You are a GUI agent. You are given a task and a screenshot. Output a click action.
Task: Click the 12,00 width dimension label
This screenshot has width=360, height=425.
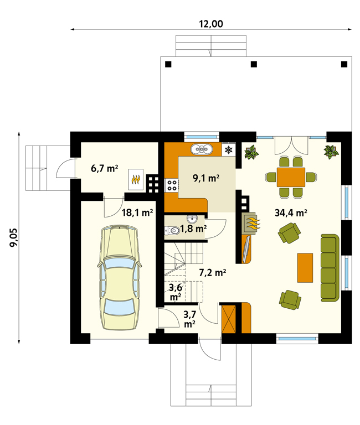point(211,24)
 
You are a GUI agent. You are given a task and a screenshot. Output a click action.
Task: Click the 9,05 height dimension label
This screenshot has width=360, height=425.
point(13,237)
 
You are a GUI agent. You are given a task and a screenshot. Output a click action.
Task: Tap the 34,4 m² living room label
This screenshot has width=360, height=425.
point(291,212)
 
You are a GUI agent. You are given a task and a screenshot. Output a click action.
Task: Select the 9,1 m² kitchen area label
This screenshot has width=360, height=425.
point(206,178)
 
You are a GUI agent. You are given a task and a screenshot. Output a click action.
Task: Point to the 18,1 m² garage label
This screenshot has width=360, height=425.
point(137,212)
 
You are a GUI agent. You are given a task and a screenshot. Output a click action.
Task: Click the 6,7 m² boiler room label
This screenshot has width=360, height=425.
point(105,168)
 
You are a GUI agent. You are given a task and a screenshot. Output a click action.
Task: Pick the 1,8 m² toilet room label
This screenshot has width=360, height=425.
point(193,229)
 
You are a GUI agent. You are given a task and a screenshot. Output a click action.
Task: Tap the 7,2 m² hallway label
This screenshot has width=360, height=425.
point(213,272)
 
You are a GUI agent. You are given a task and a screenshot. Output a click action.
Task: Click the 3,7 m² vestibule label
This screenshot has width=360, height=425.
point(189,319)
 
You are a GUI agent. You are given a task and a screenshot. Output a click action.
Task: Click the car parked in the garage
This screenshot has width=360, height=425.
point(120,277)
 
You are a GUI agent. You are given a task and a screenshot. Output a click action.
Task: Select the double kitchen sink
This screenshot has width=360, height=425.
point(201,149)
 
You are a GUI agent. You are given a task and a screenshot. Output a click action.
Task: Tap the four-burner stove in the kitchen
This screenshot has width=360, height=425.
point(172,186)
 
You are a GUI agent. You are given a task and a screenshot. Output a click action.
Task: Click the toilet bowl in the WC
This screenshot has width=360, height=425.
point(173,231)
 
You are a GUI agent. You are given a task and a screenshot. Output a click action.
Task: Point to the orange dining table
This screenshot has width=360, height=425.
point(291,177)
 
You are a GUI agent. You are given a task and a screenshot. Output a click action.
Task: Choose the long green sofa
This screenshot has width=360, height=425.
point(330,268)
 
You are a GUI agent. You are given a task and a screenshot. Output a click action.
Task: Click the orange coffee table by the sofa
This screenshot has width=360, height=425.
point(305,268)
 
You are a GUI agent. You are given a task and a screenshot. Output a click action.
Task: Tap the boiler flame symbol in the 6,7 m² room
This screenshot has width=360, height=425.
point(136,179)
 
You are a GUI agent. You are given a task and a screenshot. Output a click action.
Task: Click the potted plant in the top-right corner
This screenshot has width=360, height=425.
point(331,152)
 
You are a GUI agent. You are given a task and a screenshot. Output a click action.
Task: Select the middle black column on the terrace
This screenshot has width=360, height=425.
point(254,64)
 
